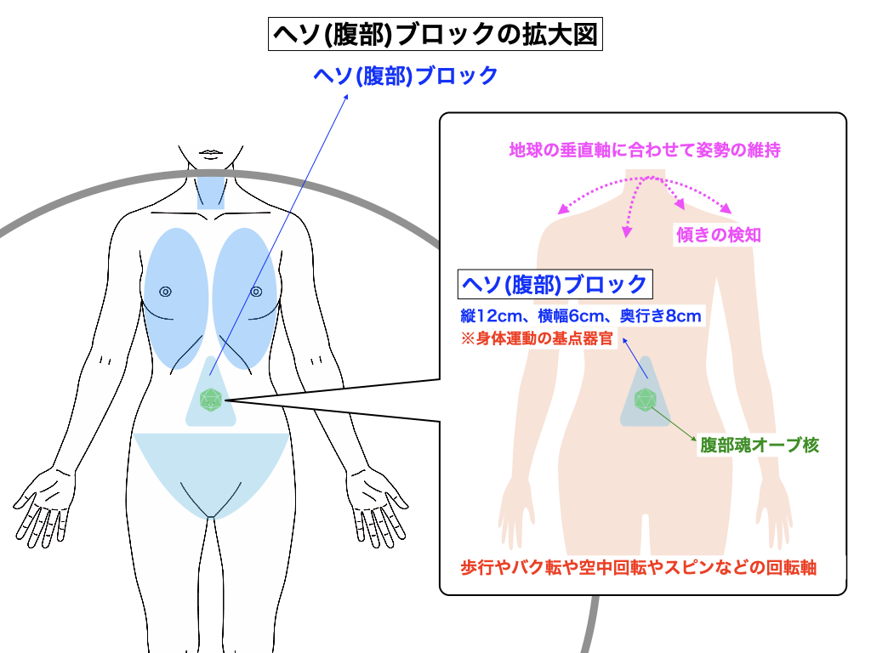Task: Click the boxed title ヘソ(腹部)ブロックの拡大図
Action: click(435, 35)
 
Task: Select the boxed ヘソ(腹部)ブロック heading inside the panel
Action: click(553, 283)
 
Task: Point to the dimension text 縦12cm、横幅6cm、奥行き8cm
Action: click(580, 316)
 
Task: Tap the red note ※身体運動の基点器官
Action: click(536, 338)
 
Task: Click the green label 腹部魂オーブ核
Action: click(760, 445)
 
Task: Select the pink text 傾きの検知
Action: click(718, 236)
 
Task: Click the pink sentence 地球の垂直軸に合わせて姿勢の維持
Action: click(645, 150)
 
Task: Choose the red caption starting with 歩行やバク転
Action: click(639, 567)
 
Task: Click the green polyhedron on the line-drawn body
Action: click(211, 399)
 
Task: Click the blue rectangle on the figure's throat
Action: click(211, 193)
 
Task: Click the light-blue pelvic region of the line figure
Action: click(211, 468)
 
